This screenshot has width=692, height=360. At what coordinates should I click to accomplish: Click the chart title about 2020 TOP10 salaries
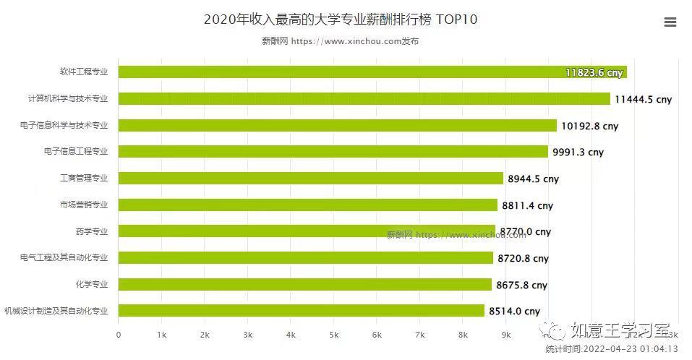point(340,20)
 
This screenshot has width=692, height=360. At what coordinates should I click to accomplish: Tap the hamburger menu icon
point(670,22)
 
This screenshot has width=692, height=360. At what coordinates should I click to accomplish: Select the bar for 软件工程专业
point(372,72)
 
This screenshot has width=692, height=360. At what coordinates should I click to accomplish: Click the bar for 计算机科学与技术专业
point(364,98)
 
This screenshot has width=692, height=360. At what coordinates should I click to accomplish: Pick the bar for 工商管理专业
point(310,178)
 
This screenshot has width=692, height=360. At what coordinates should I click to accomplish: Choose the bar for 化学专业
point(304,284)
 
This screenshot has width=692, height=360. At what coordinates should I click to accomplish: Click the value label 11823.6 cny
point(594,72)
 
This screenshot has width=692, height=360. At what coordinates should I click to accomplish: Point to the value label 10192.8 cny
point(589,126)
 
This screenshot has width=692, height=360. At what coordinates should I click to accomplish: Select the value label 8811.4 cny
point(530,205)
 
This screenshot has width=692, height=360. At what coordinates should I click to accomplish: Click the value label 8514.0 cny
point(514,312)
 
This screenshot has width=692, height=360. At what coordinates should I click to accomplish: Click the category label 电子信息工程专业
point(75,151)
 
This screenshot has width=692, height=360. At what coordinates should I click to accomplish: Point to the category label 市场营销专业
point(83,205)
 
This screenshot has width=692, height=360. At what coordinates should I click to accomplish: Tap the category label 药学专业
point(91,231)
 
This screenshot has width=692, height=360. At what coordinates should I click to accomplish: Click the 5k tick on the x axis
point(333,335)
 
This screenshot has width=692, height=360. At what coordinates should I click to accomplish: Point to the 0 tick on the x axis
point(119,335)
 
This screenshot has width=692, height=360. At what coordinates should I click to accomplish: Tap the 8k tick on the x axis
point(463,335)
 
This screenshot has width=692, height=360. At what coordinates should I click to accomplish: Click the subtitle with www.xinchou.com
point(340,41)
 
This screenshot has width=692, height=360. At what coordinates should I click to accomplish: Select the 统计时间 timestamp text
point(611,349)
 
